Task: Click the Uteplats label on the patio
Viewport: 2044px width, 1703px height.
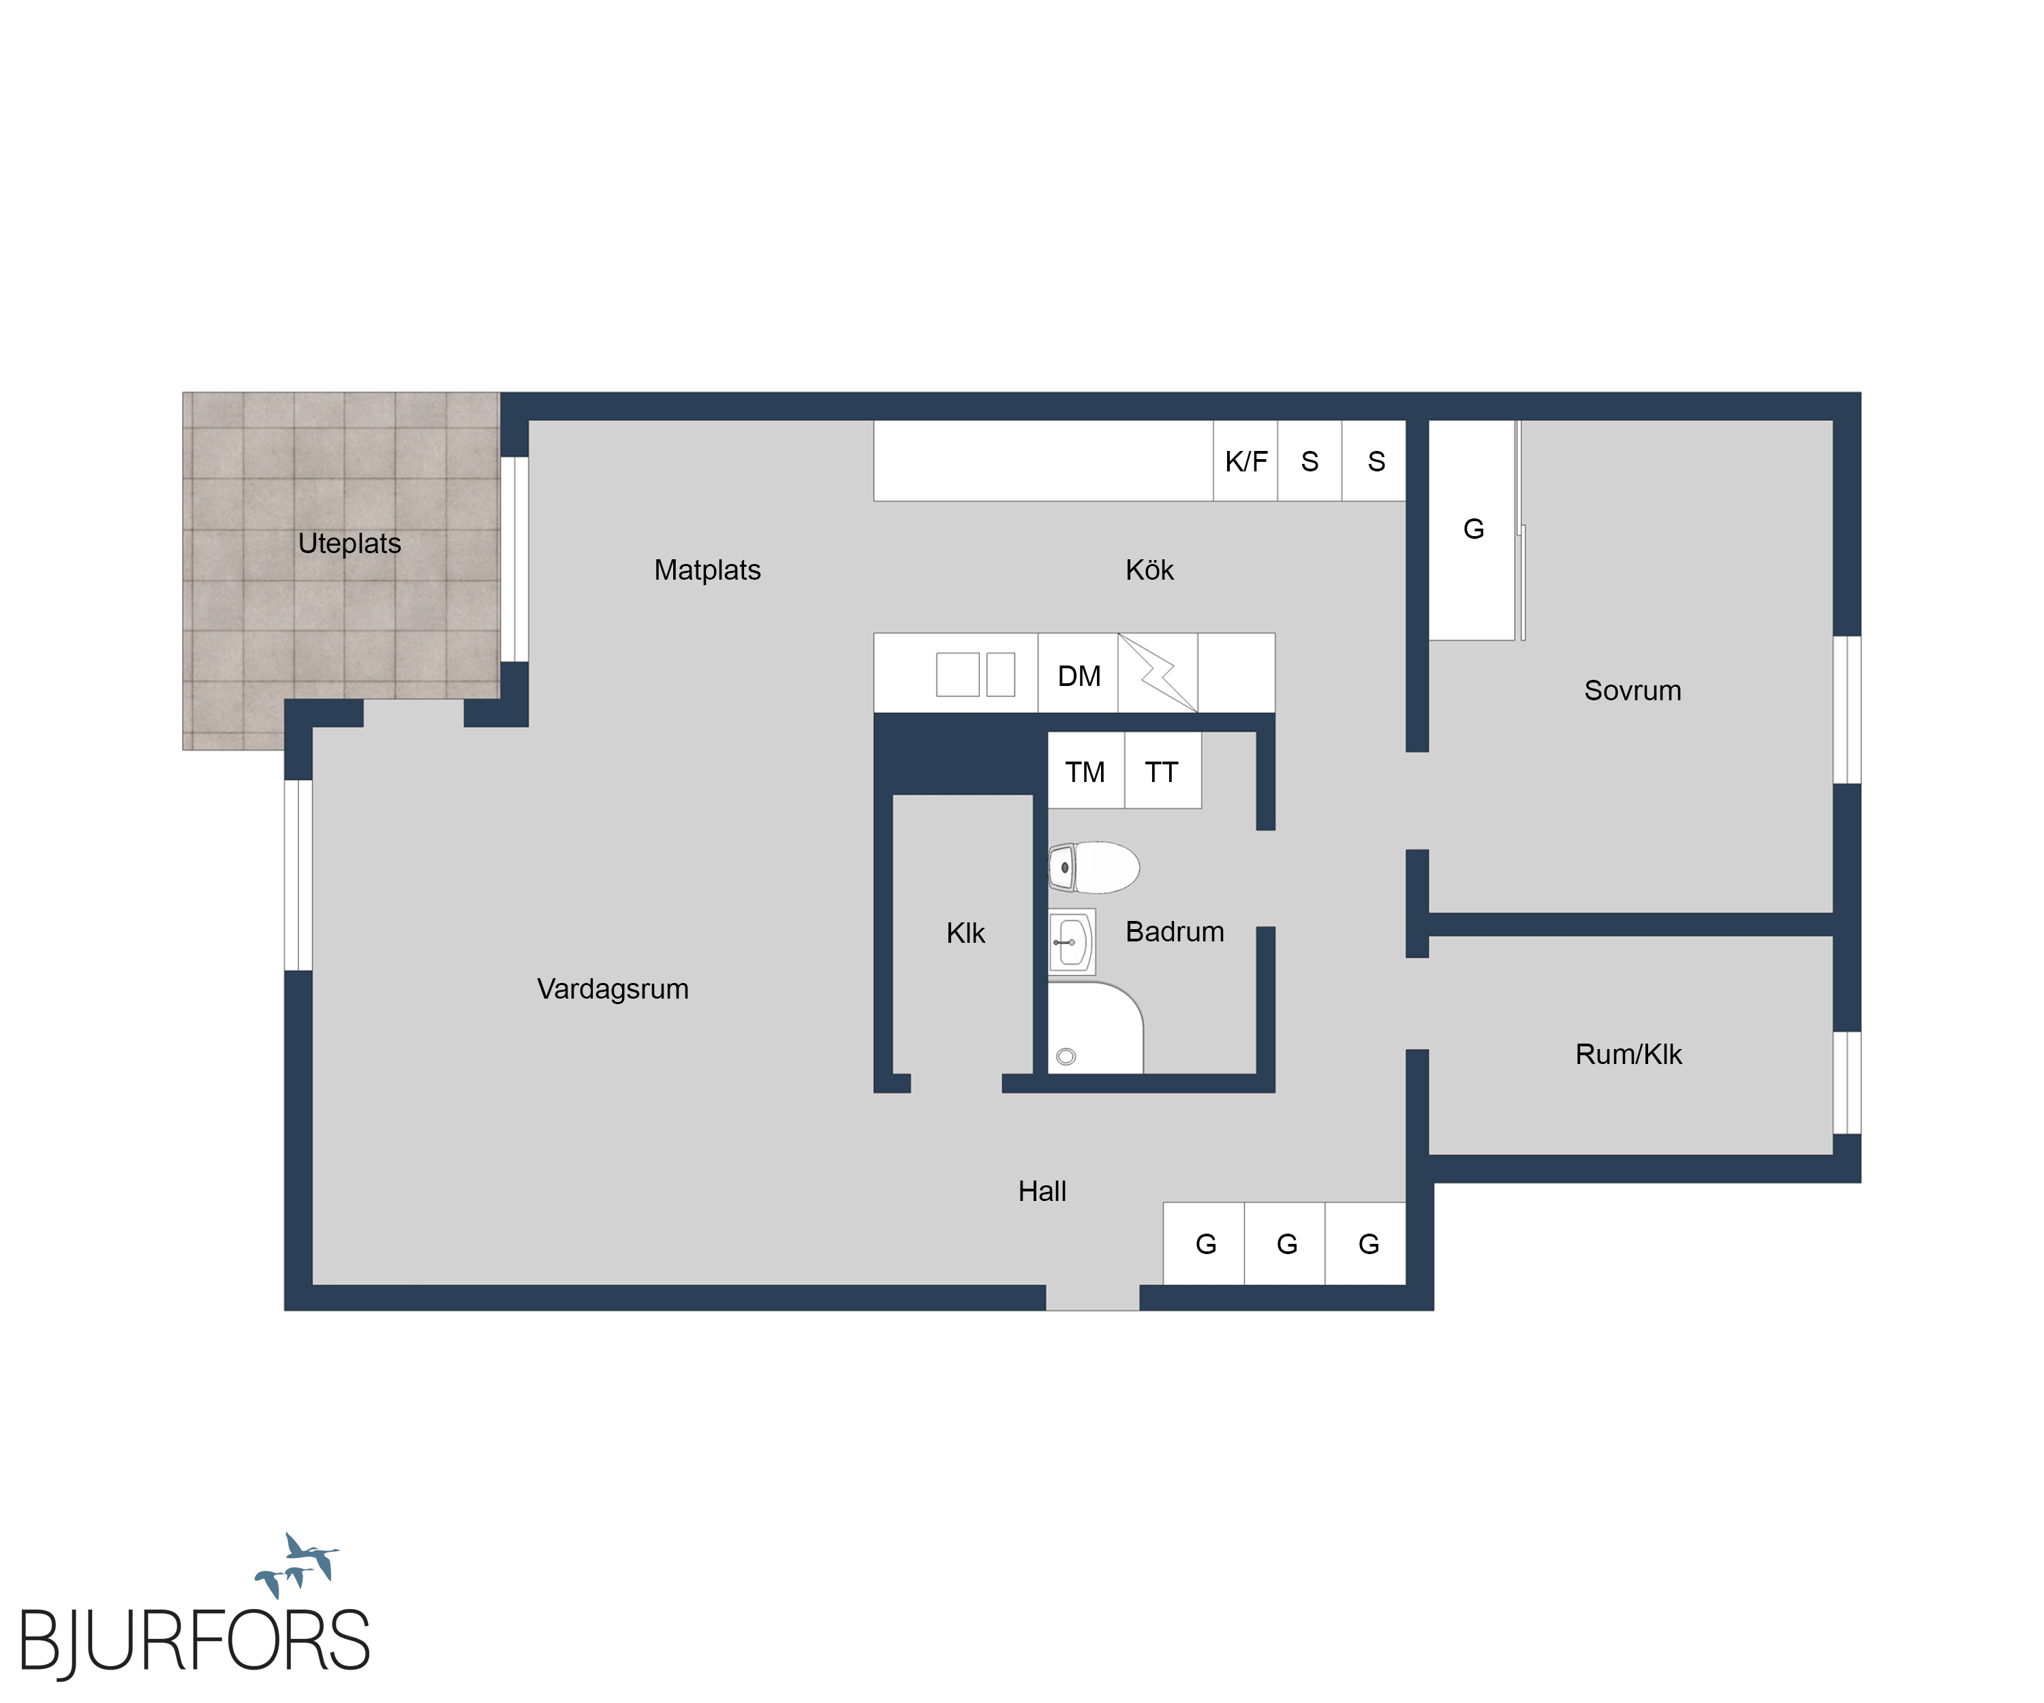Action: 350,543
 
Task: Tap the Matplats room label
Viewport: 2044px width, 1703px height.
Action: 708,569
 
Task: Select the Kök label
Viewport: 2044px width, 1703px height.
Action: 1149,569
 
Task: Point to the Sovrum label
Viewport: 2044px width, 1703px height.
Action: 1632,690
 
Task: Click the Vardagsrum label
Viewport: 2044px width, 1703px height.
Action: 613,988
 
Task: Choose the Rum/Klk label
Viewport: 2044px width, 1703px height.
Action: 1628,1054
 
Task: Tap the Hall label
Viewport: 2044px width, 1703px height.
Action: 1042,1191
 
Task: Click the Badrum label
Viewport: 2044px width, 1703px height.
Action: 1175,931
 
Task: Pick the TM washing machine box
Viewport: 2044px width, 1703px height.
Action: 1086,770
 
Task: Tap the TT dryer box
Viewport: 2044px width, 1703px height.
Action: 1163,770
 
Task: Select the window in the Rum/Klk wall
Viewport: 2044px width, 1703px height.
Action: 1847,1083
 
